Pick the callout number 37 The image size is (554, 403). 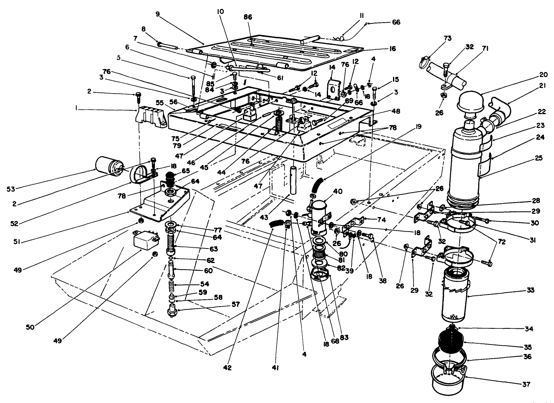[526, 384]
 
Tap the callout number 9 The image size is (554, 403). [158, 14]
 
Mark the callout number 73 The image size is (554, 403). [436, 38]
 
